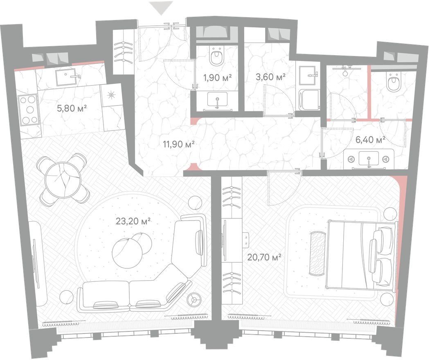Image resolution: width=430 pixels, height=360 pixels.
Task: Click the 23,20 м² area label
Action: click(x=133, y=221)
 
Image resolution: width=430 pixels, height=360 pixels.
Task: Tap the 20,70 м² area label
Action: click(x=264, y=257)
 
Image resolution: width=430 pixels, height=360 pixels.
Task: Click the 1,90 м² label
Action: click(x=218, y=78)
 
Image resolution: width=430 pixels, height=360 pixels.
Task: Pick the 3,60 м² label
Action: click(x=270, y=77)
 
